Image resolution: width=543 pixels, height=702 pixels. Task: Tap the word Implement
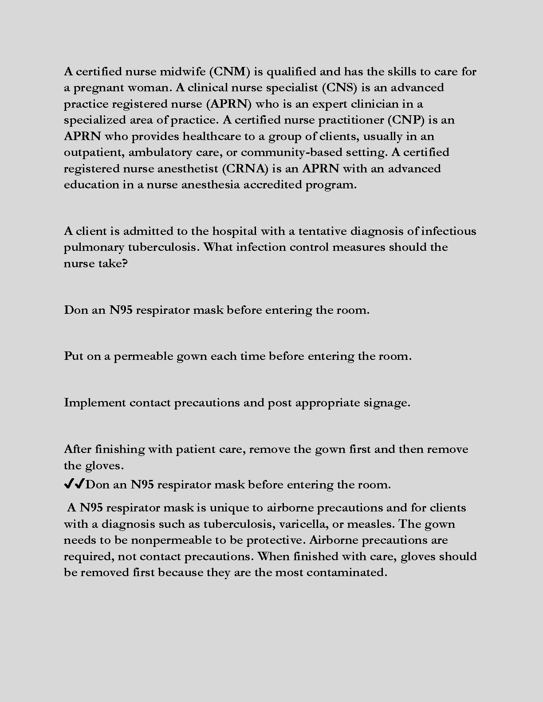[95, 403]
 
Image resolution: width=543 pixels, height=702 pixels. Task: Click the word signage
[387, 403]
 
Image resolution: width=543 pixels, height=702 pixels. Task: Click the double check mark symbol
[74, 484]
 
